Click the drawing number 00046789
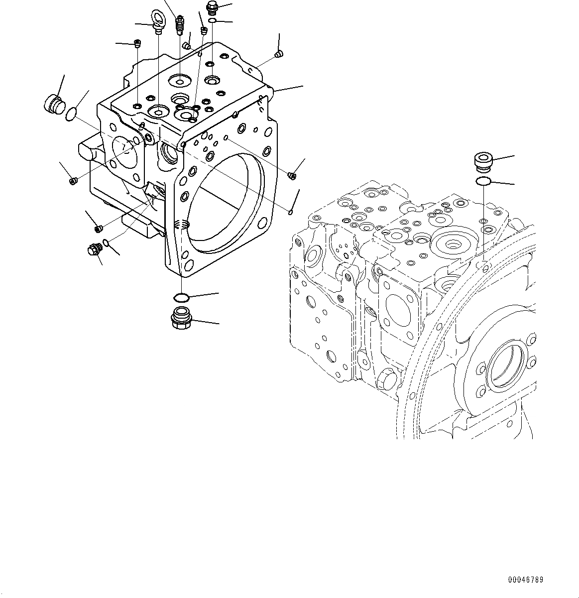(526, 580)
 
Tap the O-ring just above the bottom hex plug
(181, 298)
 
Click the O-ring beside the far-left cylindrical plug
(72, 115)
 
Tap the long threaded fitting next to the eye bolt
(180, 25)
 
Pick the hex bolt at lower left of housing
(93, 249)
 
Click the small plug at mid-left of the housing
(73, 180)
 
